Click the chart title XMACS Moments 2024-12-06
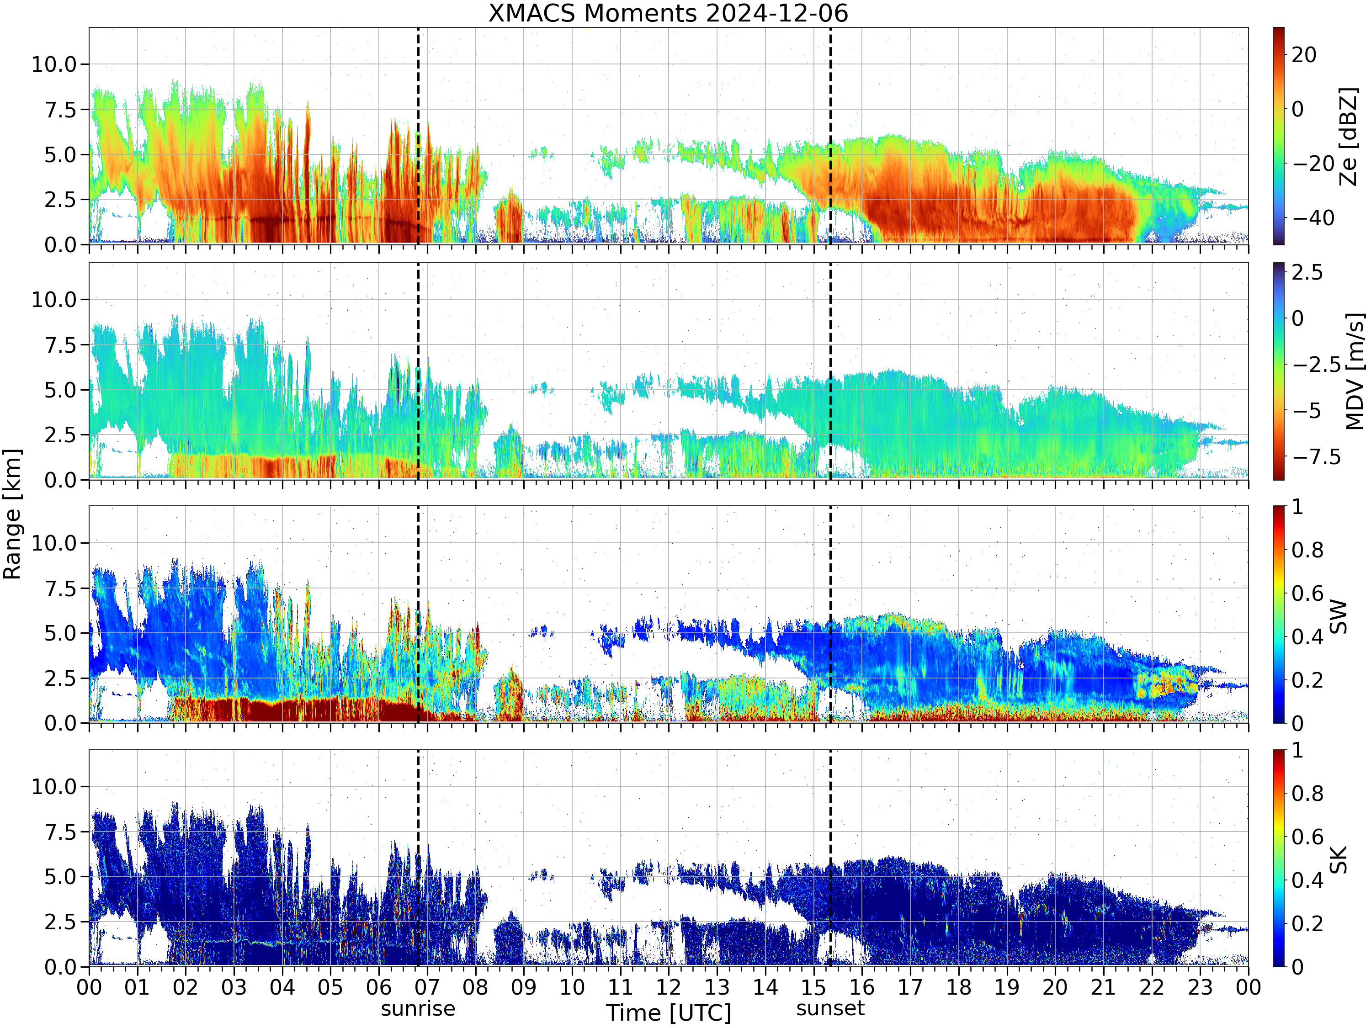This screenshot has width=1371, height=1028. click(668, 13)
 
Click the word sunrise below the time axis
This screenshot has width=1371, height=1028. click(418, 1009)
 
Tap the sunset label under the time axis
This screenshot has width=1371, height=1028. click(830, 1009)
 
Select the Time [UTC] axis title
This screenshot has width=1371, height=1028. click(668, 1013)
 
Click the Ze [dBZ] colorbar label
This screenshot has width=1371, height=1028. click(1348, 136)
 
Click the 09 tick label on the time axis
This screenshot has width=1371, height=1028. click(523, 986)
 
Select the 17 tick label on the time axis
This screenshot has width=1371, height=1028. click(910, 986)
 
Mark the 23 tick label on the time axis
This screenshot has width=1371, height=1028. click(1200, 986)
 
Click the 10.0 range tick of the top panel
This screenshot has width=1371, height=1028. click(54, 64)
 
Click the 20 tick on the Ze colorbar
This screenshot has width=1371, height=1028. click(1304, 54)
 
